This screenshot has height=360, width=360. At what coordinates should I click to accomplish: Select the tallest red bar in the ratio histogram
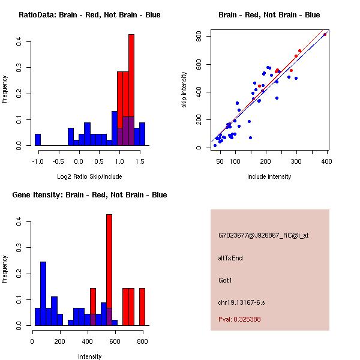coord(131,90)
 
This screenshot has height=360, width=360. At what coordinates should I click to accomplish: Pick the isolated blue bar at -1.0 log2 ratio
coord(38,140)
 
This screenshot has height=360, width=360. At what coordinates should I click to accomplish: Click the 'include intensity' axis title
coord(269,176)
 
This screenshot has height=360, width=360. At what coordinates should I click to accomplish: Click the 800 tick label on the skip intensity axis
coord(198,37)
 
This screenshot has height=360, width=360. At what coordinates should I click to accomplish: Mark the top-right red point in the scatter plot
coord(325,34)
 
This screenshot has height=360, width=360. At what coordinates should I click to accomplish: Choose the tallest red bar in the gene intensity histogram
coord(109,269)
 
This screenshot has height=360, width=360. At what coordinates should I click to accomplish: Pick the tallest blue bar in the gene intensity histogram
coord(43,293)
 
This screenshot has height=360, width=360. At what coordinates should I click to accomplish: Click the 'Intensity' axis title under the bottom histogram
coord(90,356)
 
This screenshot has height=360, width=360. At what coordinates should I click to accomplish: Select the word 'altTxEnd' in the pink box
coord(230,258)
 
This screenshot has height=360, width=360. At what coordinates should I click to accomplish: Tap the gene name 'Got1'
coord(225,280)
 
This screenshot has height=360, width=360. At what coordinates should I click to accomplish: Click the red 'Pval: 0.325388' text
coord(239,319)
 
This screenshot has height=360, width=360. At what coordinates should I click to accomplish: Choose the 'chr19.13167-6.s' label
coord(242,301)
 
